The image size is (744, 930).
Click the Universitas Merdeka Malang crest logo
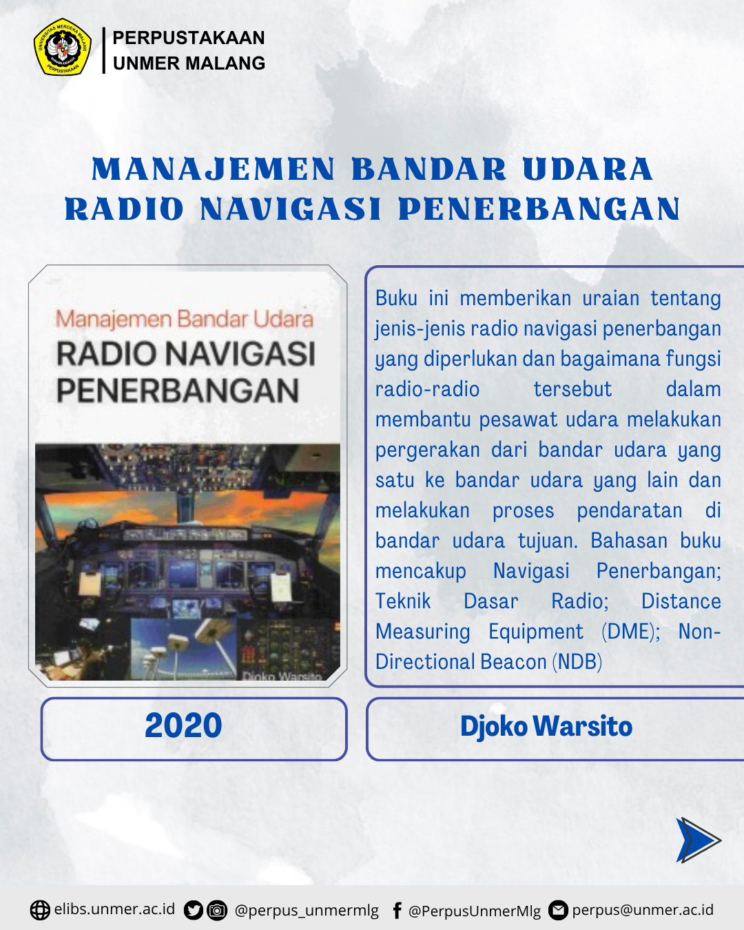click(x=63, y=47)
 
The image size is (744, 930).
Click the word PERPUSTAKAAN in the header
click(x=189, y=38)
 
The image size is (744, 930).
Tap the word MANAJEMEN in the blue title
click(x=214, y=169)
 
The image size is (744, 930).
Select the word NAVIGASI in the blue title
click(x=291, y=209)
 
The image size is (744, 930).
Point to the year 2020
click(x=183, y=725)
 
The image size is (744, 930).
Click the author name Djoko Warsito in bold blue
click(x=546, y=726)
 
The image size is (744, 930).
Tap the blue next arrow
click(x=698, y=840)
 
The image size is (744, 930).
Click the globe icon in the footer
click(x=40, y=910)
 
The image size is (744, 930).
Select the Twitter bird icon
click(x=194, y=910)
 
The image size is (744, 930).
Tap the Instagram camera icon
click(x=217, y=910)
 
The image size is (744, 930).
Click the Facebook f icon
click(x=397, y=910)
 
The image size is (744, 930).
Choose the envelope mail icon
click(x=558, y=910)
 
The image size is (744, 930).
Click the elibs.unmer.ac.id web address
click(x=114, y=909)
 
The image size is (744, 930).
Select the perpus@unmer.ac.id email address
click(x=643, y=910)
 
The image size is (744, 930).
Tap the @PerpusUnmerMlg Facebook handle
click(x=475, y=911)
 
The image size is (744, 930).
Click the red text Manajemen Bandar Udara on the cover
click(x=185, y=319)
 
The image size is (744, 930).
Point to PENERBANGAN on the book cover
click(x=178, y=391)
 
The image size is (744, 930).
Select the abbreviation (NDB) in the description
click(x=577, y=662)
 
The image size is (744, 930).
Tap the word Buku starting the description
click(x=396, y=298)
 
